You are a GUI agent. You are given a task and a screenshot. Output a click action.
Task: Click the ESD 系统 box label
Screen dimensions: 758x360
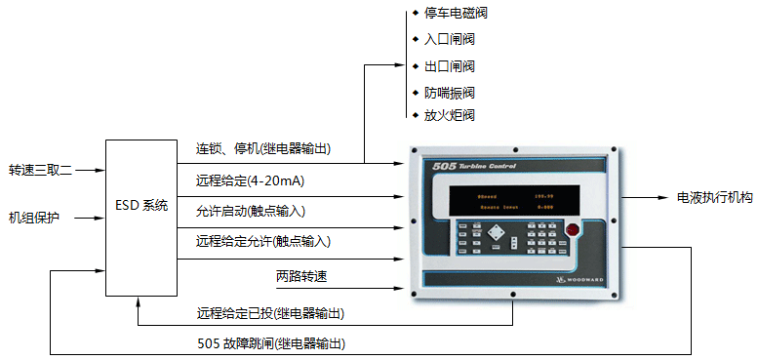141,206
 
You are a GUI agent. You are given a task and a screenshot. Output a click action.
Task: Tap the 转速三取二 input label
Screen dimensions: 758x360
41,170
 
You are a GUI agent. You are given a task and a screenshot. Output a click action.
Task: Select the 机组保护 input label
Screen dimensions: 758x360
34,217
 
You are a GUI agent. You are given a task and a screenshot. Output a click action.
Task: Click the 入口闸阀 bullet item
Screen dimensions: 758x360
449,40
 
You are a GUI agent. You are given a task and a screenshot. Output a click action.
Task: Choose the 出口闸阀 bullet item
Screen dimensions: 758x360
449,66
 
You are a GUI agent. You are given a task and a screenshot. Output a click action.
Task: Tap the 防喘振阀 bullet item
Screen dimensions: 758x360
449,93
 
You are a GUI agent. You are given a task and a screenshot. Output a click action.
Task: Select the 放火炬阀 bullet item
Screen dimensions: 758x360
449,115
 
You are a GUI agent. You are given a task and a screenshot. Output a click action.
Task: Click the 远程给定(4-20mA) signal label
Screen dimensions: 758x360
254,180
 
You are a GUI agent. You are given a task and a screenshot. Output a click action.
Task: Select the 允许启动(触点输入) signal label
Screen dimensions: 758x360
252,211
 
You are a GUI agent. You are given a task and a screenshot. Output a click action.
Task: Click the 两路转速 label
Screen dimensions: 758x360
300,277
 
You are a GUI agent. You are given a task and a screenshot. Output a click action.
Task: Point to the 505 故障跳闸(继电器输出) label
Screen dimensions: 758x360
270,343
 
